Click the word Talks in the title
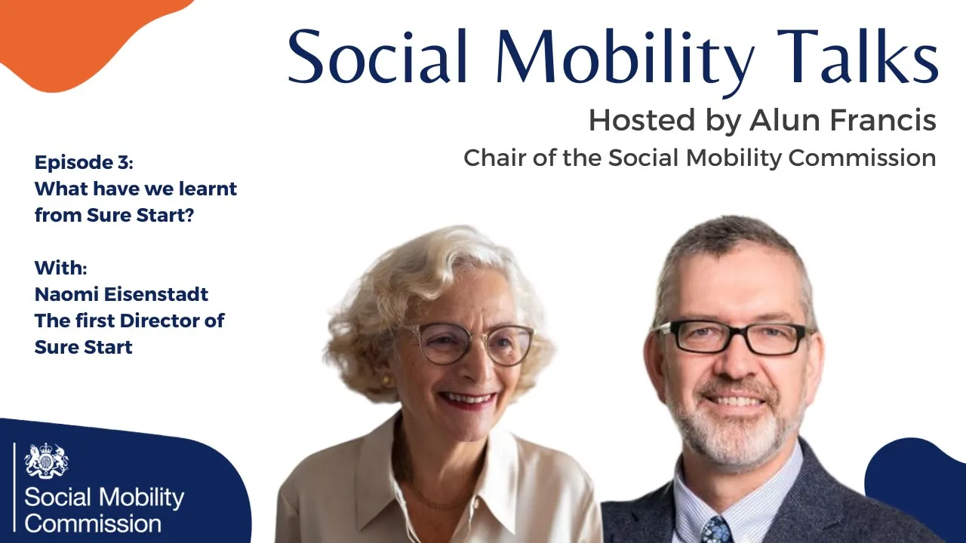click(856, 56)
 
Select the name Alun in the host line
click(784, 120)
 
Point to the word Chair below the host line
click(495, 158)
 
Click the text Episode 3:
click(84, 162)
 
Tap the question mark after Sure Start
click(189, 215)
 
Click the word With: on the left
click(61, 268)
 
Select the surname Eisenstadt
click(156, 294)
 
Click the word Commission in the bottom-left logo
click(93, 524)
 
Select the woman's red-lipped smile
click(467, 400)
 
